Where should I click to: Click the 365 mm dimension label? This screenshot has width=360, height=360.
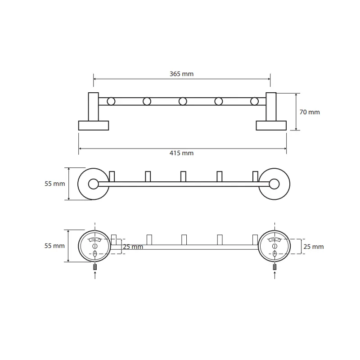[181, 74]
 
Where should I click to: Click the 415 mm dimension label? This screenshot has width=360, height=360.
[181, 153]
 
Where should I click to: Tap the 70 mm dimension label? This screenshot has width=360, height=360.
[310, 112]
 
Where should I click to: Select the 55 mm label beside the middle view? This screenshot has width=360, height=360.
[54, 184]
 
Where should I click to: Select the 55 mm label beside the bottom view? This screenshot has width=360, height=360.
[54, 246]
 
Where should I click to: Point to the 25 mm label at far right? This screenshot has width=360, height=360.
[313, 247]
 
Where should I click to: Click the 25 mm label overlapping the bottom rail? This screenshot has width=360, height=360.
[133, 247]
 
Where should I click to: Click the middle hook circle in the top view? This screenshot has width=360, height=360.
[183, 101]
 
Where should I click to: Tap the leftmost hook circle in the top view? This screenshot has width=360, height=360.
[111, 101]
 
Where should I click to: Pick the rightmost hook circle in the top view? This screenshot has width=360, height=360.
[254, 101]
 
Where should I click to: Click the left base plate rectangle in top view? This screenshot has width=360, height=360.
[94, 126]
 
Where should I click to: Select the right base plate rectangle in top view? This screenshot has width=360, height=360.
[271, 126]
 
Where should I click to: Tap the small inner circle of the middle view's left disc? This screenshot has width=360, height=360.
[94, 184]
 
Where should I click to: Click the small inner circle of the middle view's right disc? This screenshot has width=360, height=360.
[274, 184]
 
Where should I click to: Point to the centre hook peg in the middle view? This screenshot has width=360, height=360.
[183, 176]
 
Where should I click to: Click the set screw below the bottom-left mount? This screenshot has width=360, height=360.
[95, 267]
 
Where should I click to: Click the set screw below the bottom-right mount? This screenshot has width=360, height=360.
[275, 267]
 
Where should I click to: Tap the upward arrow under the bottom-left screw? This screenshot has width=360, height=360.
[95, 275]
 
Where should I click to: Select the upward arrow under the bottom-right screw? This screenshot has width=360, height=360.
[275, 275]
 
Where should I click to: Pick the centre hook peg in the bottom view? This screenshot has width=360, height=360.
[184, 240]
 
